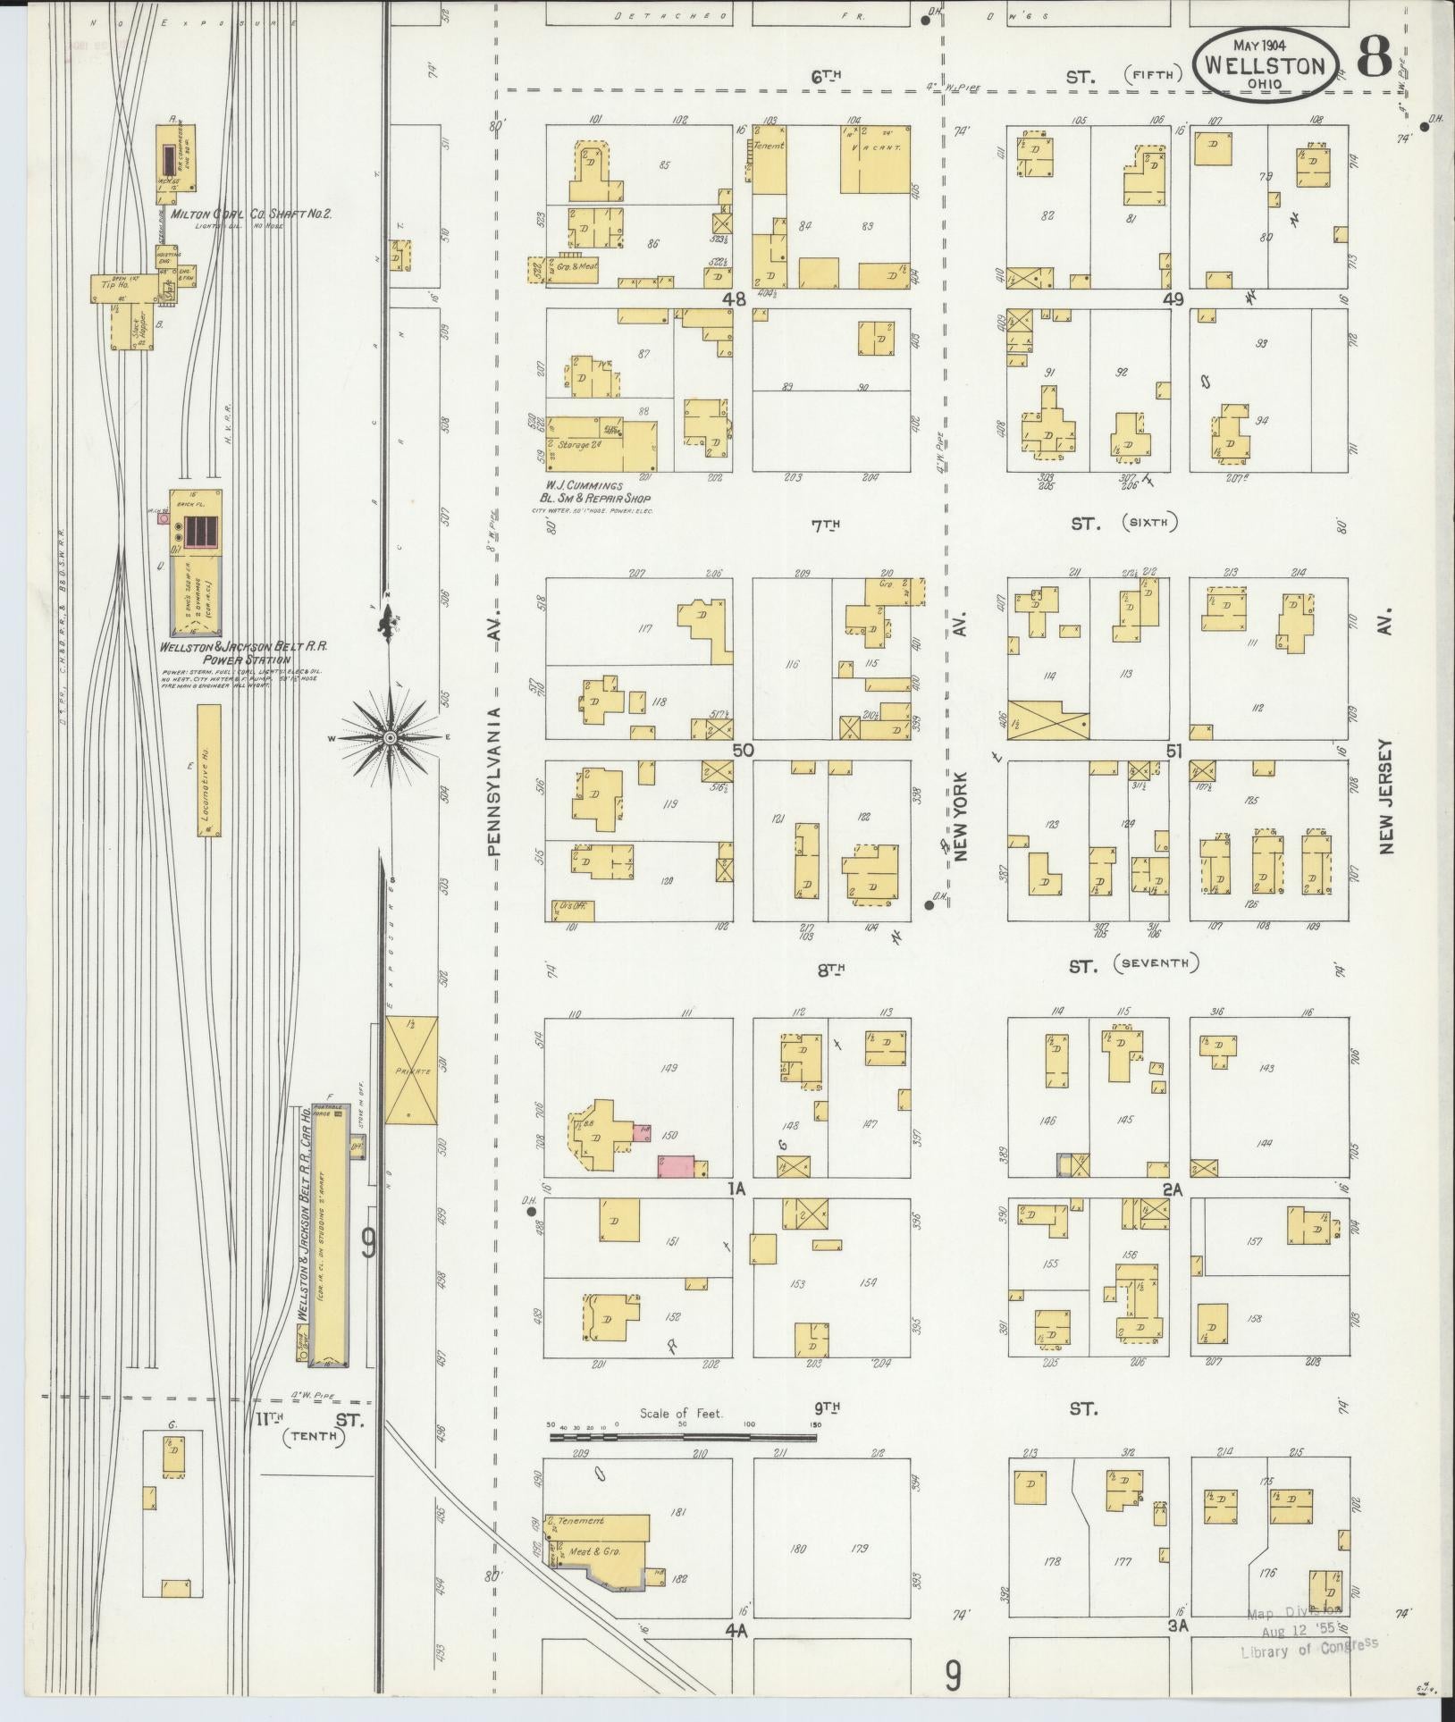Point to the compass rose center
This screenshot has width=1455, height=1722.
pyautogui.click(x=391, y=737)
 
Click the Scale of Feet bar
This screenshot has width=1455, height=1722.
pyautogui.click(x=683, y=1438)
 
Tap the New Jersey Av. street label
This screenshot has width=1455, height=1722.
pyautogui.click(x=1386, y=796)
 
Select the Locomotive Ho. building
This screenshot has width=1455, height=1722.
pyautogui.click(x=209, y=770)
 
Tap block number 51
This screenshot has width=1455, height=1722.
pyautogui.click(x=1173, y=752)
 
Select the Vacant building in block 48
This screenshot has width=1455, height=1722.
pyautogui.click(x=875, y=159)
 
